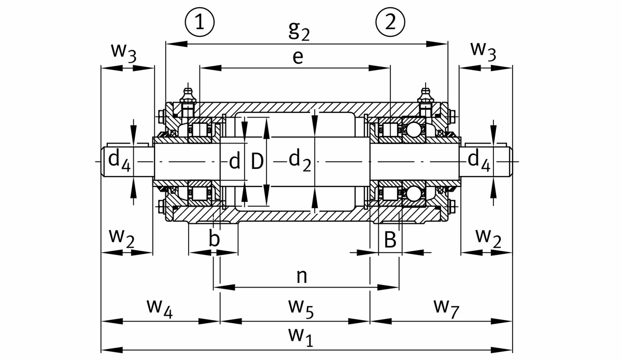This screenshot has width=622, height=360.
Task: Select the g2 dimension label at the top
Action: [299, 32]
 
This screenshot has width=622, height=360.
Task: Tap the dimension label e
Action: [297, 57]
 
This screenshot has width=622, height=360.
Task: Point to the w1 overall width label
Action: [301, 337]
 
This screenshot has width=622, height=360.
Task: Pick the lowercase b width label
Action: [214, 239]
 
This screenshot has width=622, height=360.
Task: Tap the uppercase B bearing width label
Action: [390, 239]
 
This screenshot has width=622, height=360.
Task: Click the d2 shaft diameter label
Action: [299, 162]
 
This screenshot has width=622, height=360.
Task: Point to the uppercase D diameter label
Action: [257, 162]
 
